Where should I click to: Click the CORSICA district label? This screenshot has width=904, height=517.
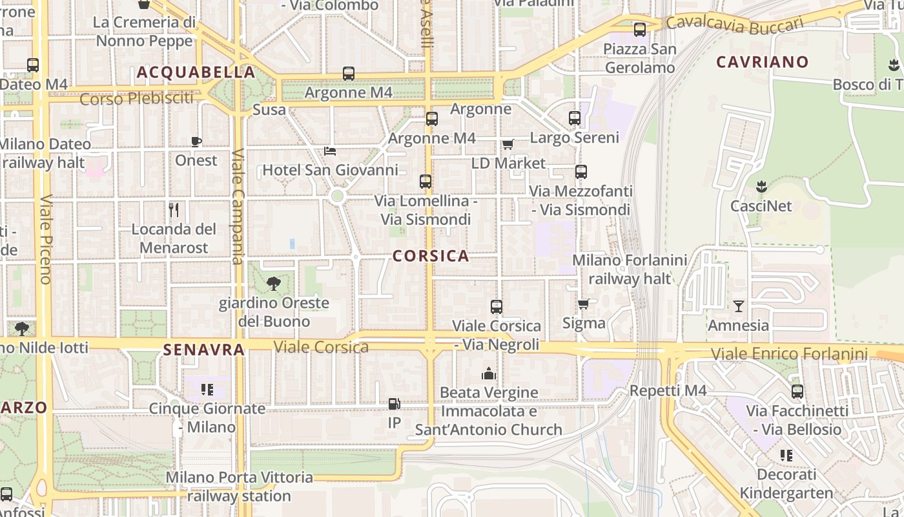431,256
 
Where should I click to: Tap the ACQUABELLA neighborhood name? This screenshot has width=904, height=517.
196,72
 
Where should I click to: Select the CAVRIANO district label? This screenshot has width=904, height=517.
762,62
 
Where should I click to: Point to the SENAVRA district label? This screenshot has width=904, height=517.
204,350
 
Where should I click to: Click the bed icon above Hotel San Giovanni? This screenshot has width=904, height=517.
330,151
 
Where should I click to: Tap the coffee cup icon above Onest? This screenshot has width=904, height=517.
196,142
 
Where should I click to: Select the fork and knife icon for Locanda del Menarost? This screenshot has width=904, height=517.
173,210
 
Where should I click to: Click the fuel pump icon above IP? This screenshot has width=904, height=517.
394,404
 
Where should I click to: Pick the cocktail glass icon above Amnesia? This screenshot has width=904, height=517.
739,306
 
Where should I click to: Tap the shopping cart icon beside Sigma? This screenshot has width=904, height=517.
584,304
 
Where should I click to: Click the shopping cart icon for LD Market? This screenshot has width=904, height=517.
508,144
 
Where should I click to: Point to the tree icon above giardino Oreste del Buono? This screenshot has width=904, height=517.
274,283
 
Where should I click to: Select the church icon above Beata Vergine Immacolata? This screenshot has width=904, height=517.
488,374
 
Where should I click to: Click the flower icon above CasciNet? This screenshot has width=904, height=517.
761,187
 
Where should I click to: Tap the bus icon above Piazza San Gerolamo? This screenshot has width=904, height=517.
639,30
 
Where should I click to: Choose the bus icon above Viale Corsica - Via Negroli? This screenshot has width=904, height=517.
496,307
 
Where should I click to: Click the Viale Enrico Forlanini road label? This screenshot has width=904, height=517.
789,354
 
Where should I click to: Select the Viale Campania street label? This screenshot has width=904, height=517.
237,207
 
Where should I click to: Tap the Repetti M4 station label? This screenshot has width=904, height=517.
668,390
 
